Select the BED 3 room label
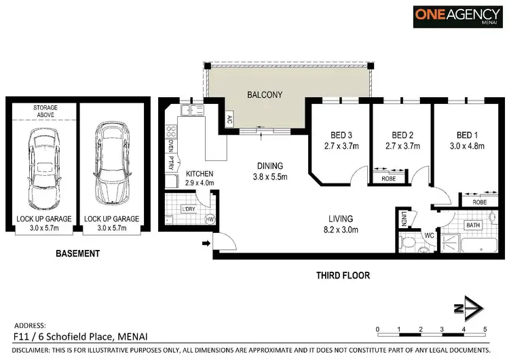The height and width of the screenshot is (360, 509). [335, 134]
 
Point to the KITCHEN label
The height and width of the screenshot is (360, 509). [200, 174]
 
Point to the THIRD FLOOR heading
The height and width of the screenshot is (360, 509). [343, 276]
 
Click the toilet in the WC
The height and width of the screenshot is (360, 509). [409, 242]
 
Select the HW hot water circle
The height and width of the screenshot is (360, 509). [210, 219]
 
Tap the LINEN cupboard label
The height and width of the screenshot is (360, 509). [402, 218]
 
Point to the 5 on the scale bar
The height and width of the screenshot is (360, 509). [485, 329]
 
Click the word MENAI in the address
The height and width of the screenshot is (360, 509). [133, 336]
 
